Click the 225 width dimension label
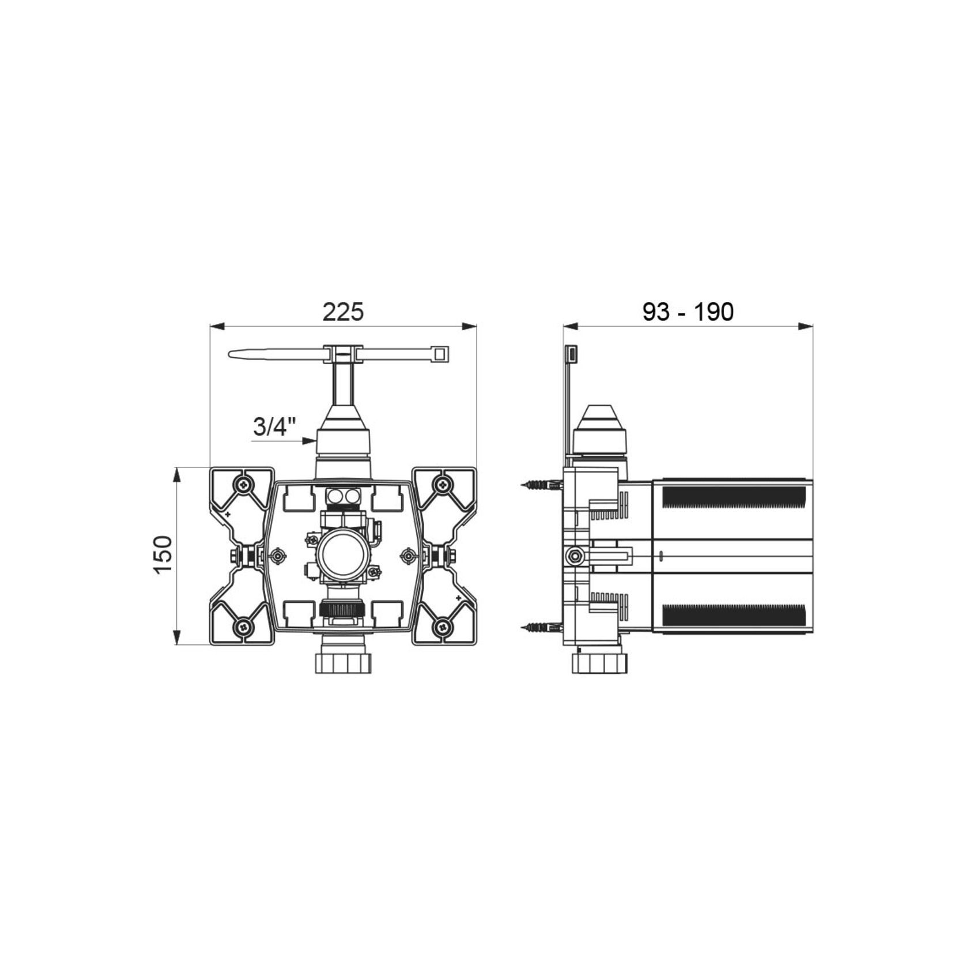coord(343,311)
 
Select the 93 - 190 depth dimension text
coord(688,311)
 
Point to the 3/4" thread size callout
coord(275,427)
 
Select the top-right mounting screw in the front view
coord(442,485)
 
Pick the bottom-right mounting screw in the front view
coord(442,627)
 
